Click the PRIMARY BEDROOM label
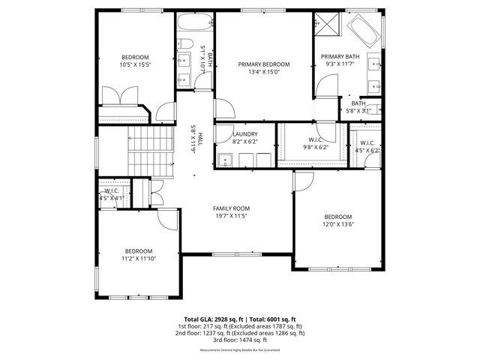click(x=263, y=64)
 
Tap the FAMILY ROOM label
click(x=231, y=208)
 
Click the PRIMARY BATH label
click(x=340, y=57)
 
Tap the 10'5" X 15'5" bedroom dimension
click(x=136, y=65)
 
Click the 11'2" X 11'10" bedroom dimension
click(x=139, y=259)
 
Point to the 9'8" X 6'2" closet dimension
click(x=315, y=148)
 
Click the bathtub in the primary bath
click(x=364, y=32)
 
